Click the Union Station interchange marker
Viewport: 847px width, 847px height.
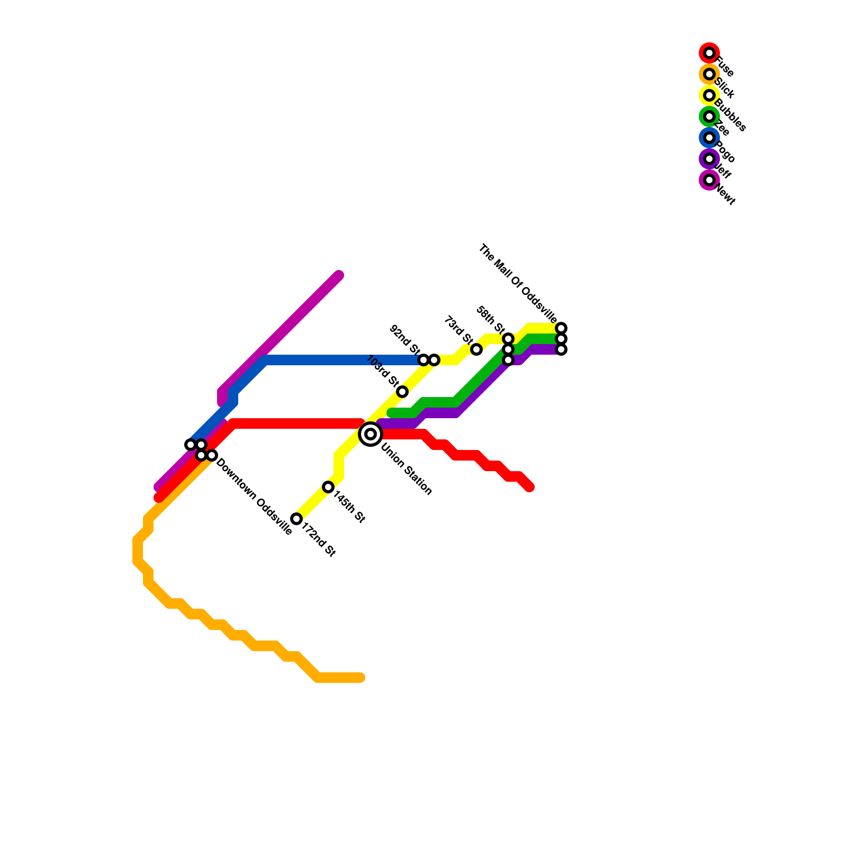tap(371, 434)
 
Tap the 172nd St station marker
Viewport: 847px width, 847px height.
tap(296, 519)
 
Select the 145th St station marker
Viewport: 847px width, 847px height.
tap(328, 487)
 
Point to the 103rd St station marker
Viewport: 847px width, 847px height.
tap(402, 392)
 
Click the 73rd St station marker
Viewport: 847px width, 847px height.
tap(476, 349)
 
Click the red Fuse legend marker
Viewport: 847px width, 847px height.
tap(709, 53)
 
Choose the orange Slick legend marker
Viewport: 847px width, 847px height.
tap(709, 74)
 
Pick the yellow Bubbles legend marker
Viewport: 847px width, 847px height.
tap(709, 95)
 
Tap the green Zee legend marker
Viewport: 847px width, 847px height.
tap(709, 116)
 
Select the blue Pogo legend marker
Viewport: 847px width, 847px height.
tap(709, 138)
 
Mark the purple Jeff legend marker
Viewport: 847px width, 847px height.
tap(709, 159)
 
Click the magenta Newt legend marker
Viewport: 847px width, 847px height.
tap(709, 180)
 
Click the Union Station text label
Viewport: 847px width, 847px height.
tap(407, 469)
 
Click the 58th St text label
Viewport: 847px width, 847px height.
tap(490, 320)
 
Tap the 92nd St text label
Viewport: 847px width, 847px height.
tap(404, 339)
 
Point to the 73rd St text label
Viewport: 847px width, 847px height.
tap(458, 329)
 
